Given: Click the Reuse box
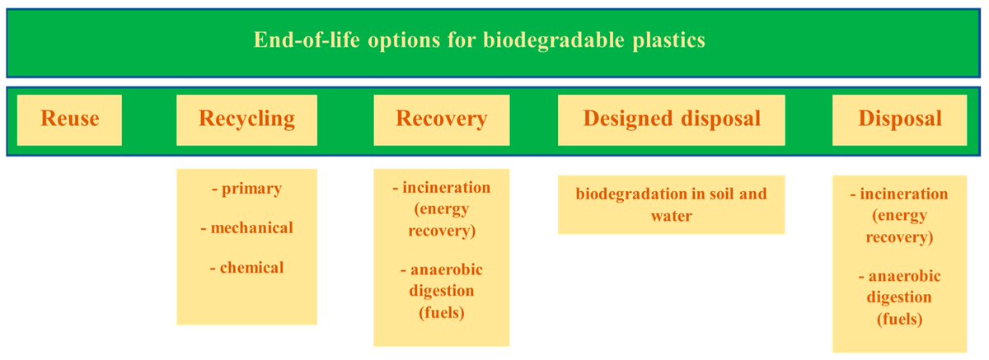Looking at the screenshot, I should point(69,119).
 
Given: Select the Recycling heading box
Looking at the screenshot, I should point(246,119).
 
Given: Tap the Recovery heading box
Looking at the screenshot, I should point(442,119).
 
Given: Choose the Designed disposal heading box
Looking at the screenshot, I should point(671,119).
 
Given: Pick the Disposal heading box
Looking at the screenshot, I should point(900,119).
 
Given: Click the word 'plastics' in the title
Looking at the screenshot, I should point(670,40).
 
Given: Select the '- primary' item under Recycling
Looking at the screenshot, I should point(246,189).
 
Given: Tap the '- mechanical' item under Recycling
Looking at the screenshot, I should point(246,227).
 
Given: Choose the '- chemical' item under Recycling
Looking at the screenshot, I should point(246,267).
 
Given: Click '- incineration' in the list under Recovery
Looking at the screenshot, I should point(442,188).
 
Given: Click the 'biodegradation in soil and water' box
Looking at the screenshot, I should point(671,204).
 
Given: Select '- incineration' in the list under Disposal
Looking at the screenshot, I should point(899,194).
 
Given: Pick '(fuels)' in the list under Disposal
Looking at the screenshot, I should point(899,318).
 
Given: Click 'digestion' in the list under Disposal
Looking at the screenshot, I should point(899,297).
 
